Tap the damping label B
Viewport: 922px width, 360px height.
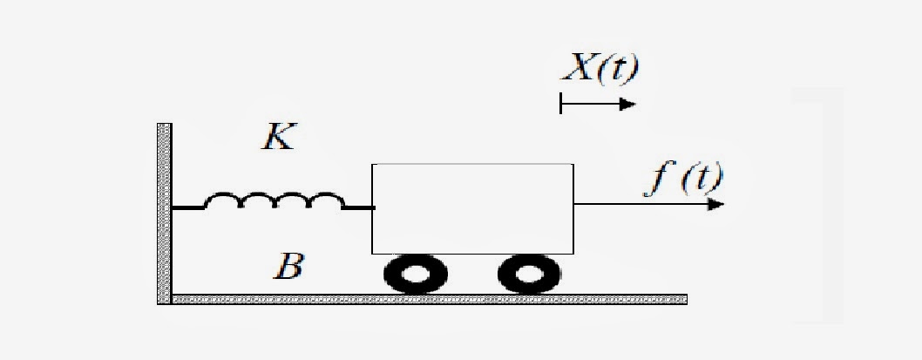(287, 265)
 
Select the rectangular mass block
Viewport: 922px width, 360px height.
(472, 207)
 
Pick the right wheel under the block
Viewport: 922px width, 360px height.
(528, 275)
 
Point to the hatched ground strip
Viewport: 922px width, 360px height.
(427, 299)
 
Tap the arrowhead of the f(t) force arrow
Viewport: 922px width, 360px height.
(715, 205)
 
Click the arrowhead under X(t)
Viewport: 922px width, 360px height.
(627, 105)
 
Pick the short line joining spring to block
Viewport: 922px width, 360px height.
(358, 207)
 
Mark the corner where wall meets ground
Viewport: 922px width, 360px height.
(165, 299)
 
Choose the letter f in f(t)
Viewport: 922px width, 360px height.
(660, 179)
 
